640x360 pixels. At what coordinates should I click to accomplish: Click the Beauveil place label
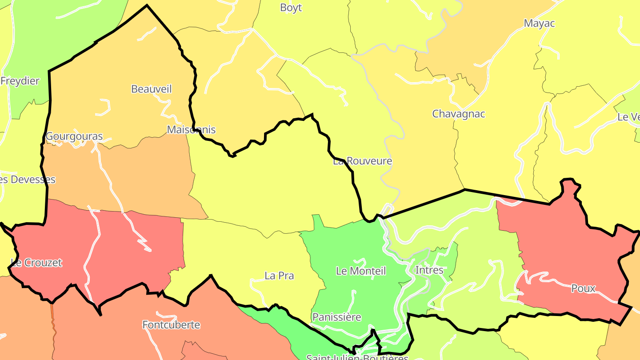pos(151,89)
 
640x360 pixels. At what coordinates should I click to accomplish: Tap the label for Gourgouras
pos(74,136)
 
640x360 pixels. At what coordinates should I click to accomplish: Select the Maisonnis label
pos(191,130)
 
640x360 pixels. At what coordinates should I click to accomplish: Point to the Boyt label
pos(291,8)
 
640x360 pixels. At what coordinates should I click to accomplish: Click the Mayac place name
pos(539,23)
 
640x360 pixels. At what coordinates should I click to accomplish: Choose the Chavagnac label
pos(458,114)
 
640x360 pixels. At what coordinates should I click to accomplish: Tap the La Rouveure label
pos(363,161)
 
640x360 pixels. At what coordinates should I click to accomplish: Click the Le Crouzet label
pos(36,263)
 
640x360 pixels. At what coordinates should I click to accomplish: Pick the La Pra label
pos(279,276)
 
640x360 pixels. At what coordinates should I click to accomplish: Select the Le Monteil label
pos(361,271)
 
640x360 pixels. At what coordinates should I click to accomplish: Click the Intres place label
pos(429,270)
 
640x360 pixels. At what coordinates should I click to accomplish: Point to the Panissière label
pos(336,317)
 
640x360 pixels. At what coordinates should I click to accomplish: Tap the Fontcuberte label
pos(171,325)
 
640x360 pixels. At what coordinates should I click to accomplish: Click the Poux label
pos(583,288)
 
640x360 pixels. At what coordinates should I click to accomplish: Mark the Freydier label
pos(20,81)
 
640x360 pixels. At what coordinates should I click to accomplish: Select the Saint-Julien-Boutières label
pos(357,357)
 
